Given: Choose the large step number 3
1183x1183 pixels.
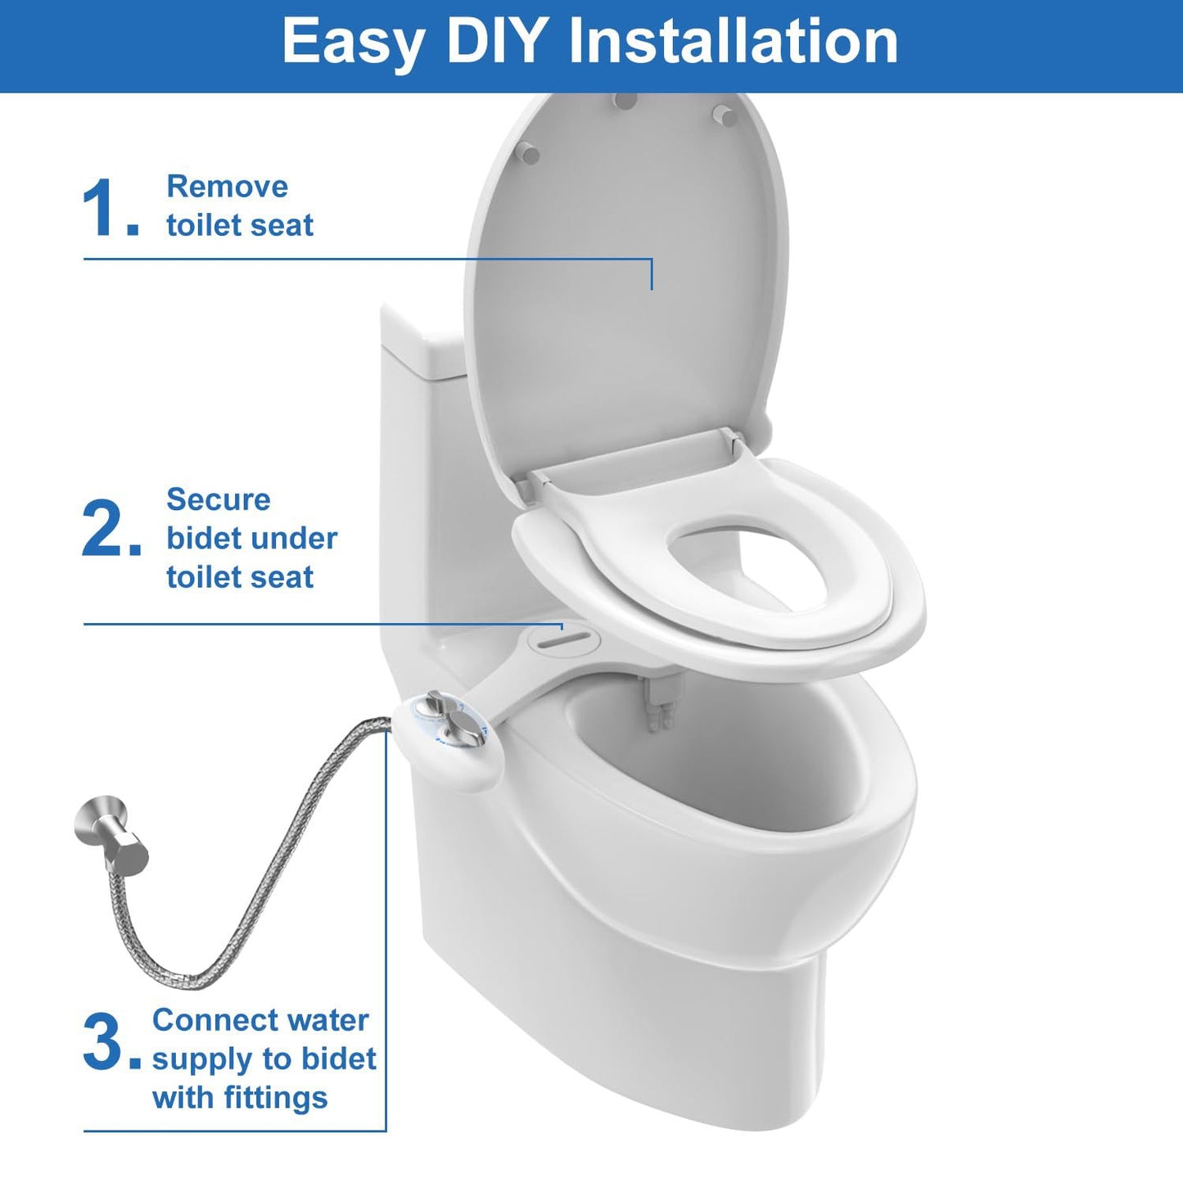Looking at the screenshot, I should [103, 1041].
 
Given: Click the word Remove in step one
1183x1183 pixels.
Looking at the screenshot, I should [227, 187].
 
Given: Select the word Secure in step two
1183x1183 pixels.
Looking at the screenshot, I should [218, 499].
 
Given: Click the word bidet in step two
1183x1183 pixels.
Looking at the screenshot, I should [200, 539].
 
